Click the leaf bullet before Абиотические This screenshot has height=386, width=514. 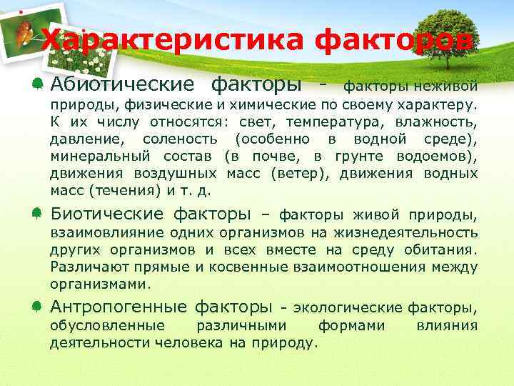pyautogui.click(x=36, y=84)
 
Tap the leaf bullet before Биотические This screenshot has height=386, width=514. pyautogui.click(x=36, y=214)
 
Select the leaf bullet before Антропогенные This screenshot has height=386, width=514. pyautogui.click(x=36, y=307)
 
